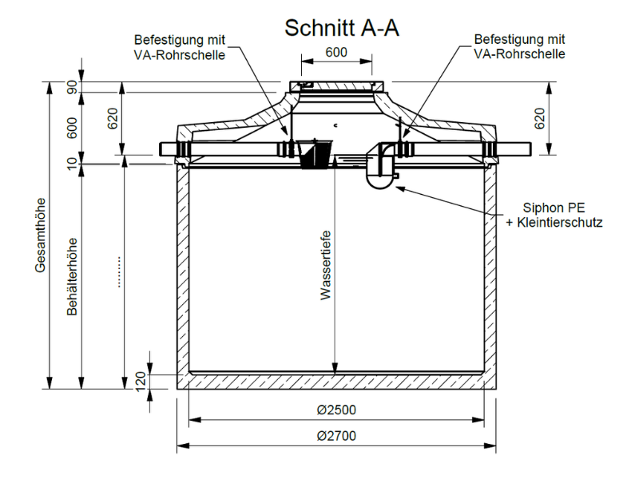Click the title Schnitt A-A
pyautogui.click(x=342, y=28)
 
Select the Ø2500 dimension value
pyautogui.click(x=336, y=410)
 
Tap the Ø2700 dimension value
pyautogui.click(x=336, y=436)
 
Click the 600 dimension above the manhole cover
pyautogui.click(x=336, y=52)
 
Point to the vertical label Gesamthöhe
pyautogui.click(x=41, y=236)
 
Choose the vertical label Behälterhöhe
pyautogui.click(x=72, y=276)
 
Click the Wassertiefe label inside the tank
pyautogui.click(x=326, y=266)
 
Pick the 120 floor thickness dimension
pyautogui.click(x=141, y=382)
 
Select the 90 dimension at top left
pyautogui.click(x=72, y=87)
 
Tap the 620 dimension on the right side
pyautogui.click(x=539, y=118)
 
